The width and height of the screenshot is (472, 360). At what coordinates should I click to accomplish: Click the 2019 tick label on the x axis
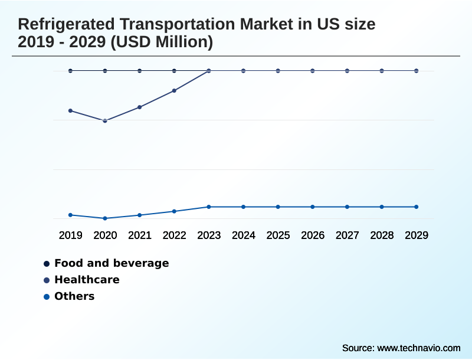[x=71, y=235]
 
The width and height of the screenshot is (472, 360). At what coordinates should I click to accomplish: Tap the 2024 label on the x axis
[x=244, y=235]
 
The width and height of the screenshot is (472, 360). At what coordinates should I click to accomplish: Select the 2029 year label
[x=417, y=235]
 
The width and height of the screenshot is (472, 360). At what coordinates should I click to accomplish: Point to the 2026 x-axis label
[x=313, y=235]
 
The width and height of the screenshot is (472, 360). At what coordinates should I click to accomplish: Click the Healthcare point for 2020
[x=105, y=121]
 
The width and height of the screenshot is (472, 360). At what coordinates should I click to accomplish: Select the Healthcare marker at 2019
[x=71, y=111]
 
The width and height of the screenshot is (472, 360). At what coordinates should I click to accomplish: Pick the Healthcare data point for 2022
[x=174, y=91]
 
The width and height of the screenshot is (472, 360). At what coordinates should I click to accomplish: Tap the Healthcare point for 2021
[x=140, y=107]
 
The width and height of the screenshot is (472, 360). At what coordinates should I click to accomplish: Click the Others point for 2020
[x=105, y=218]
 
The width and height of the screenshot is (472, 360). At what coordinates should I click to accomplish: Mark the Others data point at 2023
[x=209, y=207]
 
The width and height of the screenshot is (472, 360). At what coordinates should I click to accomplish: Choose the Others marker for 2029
[x=417, y=207]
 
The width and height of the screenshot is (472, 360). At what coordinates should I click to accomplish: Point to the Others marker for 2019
[x=71, y=215]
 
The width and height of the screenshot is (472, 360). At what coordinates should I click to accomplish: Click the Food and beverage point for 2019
[x=71, y=71]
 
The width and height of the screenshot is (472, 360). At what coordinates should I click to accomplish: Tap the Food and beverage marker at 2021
[x=140, y=71]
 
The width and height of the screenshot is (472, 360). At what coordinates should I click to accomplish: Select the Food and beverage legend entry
[x=111, y=263]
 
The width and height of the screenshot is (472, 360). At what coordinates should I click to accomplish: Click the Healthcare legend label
[x=87, y=280]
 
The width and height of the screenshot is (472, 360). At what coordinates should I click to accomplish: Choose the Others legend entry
[x=74, y=296]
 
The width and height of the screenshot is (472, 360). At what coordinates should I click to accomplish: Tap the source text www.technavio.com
[x=418, y=348]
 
